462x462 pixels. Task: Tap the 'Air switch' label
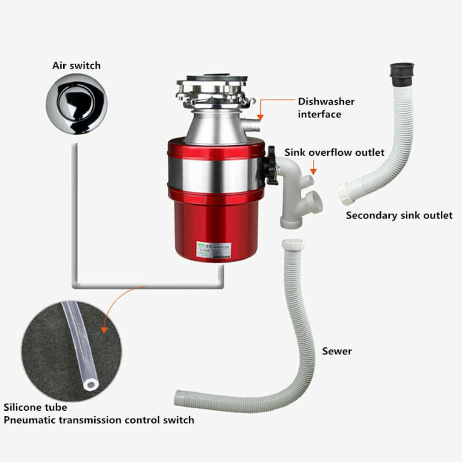tap(76, 65)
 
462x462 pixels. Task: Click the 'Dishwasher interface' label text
tap(326, 108)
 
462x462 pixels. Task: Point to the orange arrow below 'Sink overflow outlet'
tap(314, 167)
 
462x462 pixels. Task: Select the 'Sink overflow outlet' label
tap(334, 152)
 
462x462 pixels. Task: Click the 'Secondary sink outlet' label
tap(399, 215)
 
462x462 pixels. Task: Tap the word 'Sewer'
tap(337, 351)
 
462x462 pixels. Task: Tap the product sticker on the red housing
tap(213, 249)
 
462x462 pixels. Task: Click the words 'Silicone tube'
tap(36, 407)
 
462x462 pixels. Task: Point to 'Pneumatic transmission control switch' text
tap(99, 420)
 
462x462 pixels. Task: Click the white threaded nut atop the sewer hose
tap(292, 245)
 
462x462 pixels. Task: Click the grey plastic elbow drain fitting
tap(296, 189)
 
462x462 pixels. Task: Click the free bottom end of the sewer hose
tap(179, 397)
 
